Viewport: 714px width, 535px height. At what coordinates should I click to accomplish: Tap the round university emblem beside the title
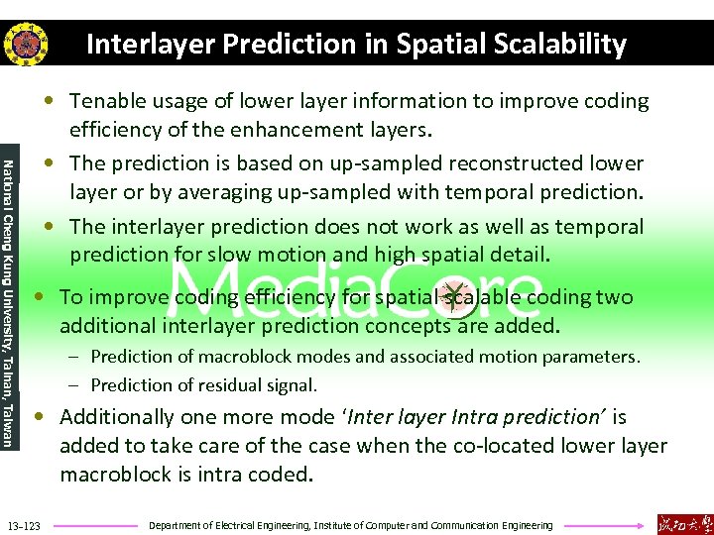tap(22, 45)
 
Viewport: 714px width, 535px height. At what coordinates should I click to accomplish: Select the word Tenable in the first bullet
tap(105, 101)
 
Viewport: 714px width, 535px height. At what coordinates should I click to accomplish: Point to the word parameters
tap(591, 356)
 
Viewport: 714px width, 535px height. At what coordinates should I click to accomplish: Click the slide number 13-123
tap(23, 524)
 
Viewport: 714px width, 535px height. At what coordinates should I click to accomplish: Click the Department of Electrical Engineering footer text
tap(350, 524)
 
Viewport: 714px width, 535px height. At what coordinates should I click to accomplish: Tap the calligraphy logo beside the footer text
tap(684, 523)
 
